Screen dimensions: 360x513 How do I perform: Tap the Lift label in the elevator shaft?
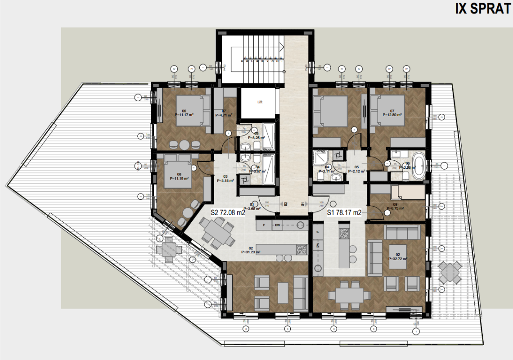[x=260, y=102]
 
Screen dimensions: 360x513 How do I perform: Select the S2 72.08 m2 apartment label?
[x=228, y=213]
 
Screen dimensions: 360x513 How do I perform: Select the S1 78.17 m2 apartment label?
[x=344, y=213]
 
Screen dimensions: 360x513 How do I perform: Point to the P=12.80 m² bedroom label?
[x=392, y=115]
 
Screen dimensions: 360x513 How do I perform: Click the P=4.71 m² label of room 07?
[x=224, y=115]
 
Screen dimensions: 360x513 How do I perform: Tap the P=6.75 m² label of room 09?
[x=394, y=208]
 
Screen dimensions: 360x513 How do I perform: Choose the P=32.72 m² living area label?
[x=397, y=259]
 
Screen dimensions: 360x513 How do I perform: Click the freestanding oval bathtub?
[x=418, y=166]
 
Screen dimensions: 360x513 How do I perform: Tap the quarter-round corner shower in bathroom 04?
[x=320, y=159]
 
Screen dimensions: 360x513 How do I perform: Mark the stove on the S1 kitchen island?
[x=344, y=234]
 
